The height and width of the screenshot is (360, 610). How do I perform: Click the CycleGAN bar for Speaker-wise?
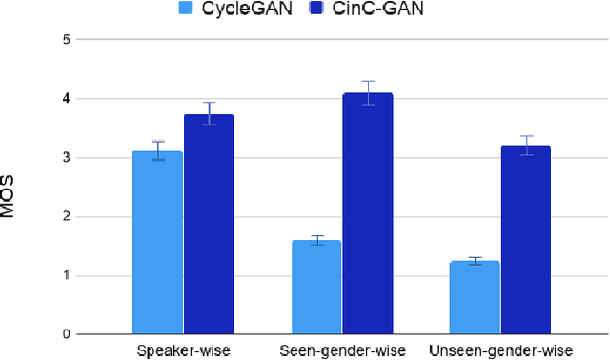(157, 243)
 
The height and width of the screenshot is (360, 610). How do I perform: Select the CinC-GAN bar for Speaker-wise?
(209, 225)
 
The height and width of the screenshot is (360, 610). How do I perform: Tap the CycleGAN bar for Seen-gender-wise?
(316, 288)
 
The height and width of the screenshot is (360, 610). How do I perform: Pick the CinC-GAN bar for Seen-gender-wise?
(368, 214)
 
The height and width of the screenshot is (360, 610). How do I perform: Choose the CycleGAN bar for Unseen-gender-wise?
(475, 297)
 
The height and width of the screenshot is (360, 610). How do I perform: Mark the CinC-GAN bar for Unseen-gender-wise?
(526, 240)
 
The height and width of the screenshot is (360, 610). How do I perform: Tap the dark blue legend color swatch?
(319, 10)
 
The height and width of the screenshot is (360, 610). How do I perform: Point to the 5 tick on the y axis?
(65, 40)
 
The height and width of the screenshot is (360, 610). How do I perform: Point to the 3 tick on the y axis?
(65, 158)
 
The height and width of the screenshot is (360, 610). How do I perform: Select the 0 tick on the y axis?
(65, 334)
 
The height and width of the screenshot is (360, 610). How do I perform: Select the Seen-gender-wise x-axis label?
(342, 350)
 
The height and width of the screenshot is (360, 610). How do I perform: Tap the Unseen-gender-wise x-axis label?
(500, 350)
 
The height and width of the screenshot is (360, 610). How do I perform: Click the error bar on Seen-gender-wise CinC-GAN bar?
(368, 93)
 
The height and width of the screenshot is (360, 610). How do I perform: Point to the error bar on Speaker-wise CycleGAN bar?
(157, 150)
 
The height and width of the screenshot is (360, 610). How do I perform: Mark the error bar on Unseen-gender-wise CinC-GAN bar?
(526, 146)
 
